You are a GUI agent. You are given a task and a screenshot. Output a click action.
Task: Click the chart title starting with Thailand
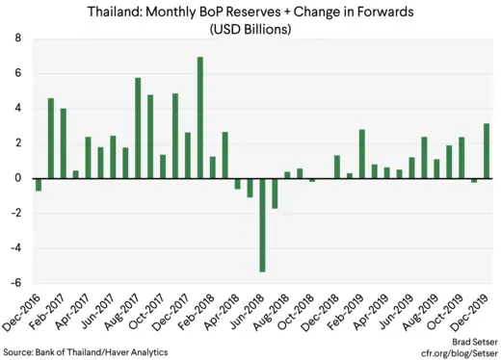(250, 13)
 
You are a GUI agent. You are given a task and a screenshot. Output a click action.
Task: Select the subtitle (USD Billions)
(250, 29)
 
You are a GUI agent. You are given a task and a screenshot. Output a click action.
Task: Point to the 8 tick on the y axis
(16, 39)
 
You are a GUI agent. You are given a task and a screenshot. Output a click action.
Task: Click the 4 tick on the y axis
(16, 109)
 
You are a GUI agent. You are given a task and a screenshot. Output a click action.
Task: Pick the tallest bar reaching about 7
(199, 117)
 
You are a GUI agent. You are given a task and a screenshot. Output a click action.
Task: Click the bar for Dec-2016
(39, 184)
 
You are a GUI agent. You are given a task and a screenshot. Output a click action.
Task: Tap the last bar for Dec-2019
(486, 150)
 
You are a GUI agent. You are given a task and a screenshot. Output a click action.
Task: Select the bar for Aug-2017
(138, 127)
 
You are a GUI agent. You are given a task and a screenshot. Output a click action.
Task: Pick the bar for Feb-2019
(361, 153)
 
